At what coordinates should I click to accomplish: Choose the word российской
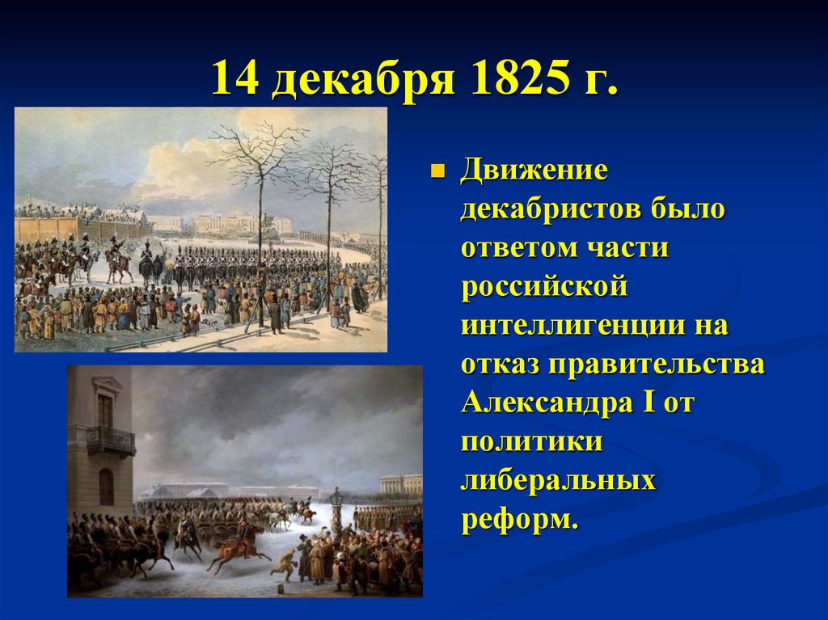pos(544,289)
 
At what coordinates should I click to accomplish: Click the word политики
pos(531,443)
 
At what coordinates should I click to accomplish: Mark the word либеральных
pos(557,482)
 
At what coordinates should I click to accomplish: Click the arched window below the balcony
pos(106,486)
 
